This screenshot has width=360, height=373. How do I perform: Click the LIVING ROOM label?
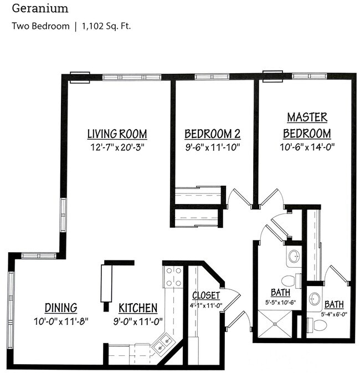pyautogui.click(x=117, y=134)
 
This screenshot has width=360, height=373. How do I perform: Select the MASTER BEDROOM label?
pyautogui.click(x=307, y=125)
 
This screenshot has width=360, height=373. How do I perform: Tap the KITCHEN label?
pyautogui.click(x=138, y=308)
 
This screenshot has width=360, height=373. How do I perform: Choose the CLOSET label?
pyautogui.click(x=206, y=295)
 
